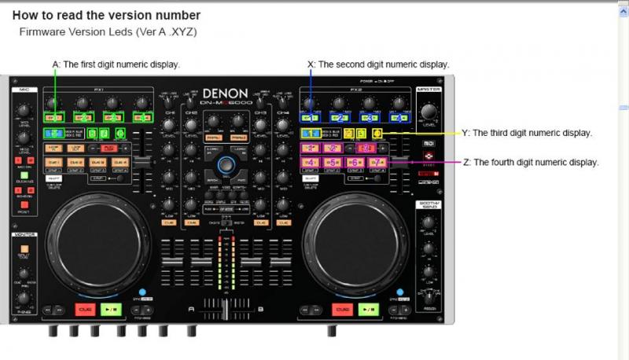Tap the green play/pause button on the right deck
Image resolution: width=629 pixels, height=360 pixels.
pyautogui.click(x=369, y=309)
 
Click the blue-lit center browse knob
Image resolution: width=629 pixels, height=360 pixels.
pyautogui.click(x=226, y=164)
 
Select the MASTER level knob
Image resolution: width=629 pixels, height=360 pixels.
pyautogui.click(x=429, y=110)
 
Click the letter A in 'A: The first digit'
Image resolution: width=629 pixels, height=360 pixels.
pyautogui.click(x=55, y=64)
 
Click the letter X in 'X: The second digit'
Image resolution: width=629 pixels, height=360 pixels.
pyautogui.click(x=311, y=64)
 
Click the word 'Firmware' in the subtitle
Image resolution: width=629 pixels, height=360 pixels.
pyautogui.click(x=39, y=32)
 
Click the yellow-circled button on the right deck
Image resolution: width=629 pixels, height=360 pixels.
pyautogui.click(x=377, y=134)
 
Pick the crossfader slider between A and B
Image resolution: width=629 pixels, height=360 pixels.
pyautogui.click(x=226, y=309)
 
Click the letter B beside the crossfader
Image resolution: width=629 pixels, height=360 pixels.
pyautogui.click(x=260, y=309)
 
